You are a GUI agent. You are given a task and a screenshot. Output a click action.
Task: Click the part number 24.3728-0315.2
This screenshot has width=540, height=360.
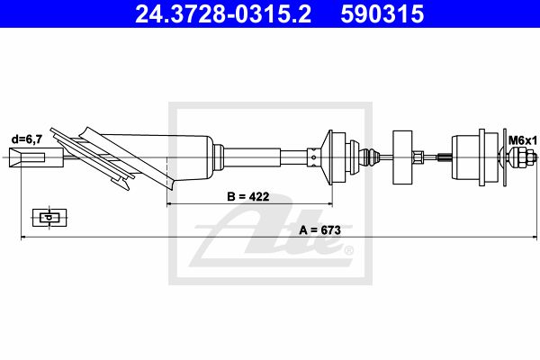(x=223, y=14)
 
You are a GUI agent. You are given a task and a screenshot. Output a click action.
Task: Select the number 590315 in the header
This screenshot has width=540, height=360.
(x=382, y=14)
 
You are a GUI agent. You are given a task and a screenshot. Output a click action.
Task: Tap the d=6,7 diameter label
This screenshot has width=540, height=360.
(x=27, y=139)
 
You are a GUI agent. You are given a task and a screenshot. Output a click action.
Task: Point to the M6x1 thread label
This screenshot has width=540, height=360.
(x=523, y=140)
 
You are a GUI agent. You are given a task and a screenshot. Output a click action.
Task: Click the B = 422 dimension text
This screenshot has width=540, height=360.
(x=248, y=196)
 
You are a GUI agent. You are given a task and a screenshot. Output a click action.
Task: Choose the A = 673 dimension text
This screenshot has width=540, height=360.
(x=319, y=229)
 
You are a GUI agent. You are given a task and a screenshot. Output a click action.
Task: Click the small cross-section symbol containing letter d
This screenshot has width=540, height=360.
(x=49, y=218)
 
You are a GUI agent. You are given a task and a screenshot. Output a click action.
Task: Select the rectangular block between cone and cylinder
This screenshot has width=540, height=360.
(x=402, y=157)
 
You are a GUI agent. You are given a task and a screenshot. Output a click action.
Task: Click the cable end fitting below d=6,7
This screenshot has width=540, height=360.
(x=36, y=157)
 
